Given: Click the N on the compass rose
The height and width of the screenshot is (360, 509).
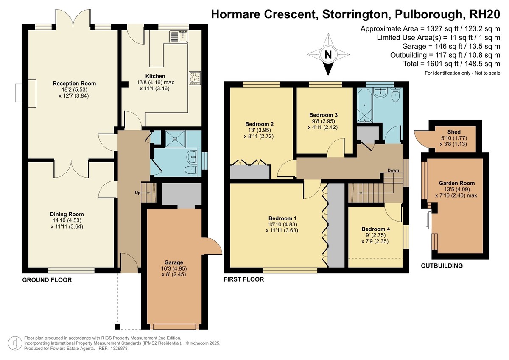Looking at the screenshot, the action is [x=328, y=55].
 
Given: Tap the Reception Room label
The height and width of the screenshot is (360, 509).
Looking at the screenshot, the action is [x=74, y=84].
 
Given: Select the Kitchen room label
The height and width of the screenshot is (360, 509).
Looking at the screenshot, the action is [x=155, y=76].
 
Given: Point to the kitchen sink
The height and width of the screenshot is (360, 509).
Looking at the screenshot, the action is [x=179, y=37].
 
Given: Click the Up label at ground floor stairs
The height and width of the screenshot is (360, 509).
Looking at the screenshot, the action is [x=138, y=193].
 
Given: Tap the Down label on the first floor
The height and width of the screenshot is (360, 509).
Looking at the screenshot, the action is [x=393, y=170].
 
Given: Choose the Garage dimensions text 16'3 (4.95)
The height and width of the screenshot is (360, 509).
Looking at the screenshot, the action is [x=174, y=268].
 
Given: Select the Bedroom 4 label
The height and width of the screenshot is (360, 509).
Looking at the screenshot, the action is [x=376, y=229].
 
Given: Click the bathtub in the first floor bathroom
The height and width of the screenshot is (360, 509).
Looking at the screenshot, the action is [x=365, y=106].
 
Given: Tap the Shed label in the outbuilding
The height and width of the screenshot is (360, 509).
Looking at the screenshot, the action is [x=454, y=132].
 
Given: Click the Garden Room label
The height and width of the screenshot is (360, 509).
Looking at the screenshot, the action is [x=457, y=183].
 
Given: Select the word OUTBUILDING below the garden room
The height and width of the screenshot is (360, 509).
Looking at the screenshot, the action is [x=442, y=265].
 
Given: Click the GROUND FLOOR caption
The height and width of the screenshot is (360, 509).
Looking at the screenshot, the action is [x=47, y=280].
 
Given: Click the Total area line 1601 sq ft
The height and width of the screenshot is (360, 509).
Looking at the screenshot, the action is [x=451, y=64].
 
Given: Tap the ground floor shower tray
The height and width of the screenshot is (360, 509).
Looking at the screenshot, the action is [x=175, y=139].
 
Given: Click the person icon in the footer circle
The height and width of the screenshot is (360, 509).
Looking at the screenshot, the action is [x=15, y=343].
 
